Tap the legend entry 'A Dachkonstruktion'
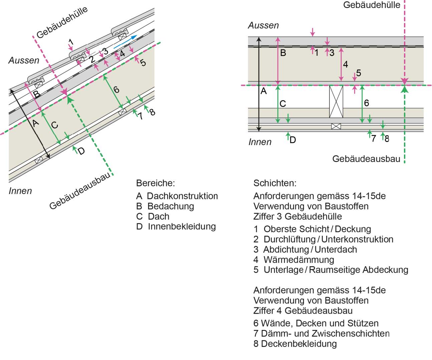coord(177,196)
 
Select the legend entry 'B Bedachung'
coord(165,206)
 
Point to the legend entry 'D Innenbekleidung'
coord(176,226)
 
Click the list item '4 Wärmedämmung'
coord(293,259)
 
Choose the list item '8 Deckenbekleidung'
coord(295,344)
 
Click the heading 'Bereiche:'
coord(155,183)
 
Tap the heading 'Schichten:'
coord(275,183)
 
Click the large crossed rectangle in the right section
coord(336,102)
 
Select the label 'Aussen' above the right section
coord(263,25)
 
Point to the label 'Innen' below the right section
coord(260,142)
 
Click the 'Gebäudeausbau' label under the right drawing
coord(366,159)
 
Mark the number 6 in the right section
coord(367,103)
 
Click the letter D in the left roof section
coord(81,151)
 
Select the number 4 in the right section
coord(346,64)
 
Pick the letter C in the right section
coord(283,104)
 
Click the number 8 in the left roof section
coord(152,112)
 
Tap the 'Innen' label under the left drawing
coord(20,191)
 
